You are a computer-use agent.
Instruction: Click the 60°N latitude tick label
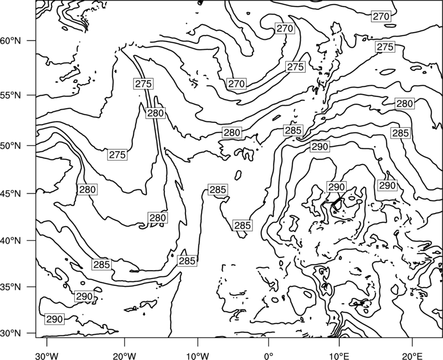tap(11, 40)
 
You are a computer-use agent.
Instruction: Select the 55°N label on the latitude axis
tap(11, 95)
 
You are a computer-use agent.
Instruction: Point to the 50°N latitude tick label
tap(11, 146)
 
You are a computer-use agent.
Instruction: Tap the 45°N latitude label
tap(11, 193)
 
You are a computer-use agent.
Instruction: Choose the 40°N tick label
tap(11, 241)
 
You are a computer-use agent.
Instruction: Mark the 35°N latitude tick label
tap(11, 287)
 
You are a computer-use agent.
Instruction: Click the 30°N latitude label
tap(11, 333)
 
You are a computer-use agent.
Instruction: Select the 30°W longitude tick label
tap(47, 356)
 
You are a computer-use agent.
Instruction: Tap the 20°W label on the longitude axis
tap(125, 356)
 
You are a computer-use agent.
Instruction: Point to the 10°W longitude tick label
tap(198, 356)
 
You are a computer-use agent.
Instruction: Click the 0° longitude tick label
tap(269, 356)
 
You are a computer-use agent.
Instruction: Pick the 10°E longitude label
tap(339, 356)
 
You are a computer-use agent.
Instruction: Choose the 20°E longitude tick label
tap(412, 356)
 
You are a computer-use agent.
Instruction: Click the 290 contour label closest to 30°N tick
tap(54, 319)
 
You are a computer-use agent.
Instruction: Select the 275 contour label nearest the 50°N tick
tap(117, 155)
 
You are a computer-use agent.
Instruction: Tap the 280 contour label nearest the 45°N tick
tap(87, 189)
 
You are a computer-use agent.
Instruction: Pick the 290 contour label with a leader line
tap(337, 187)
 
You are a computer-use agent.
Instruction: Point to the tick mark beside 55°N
tap(32, 95)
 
